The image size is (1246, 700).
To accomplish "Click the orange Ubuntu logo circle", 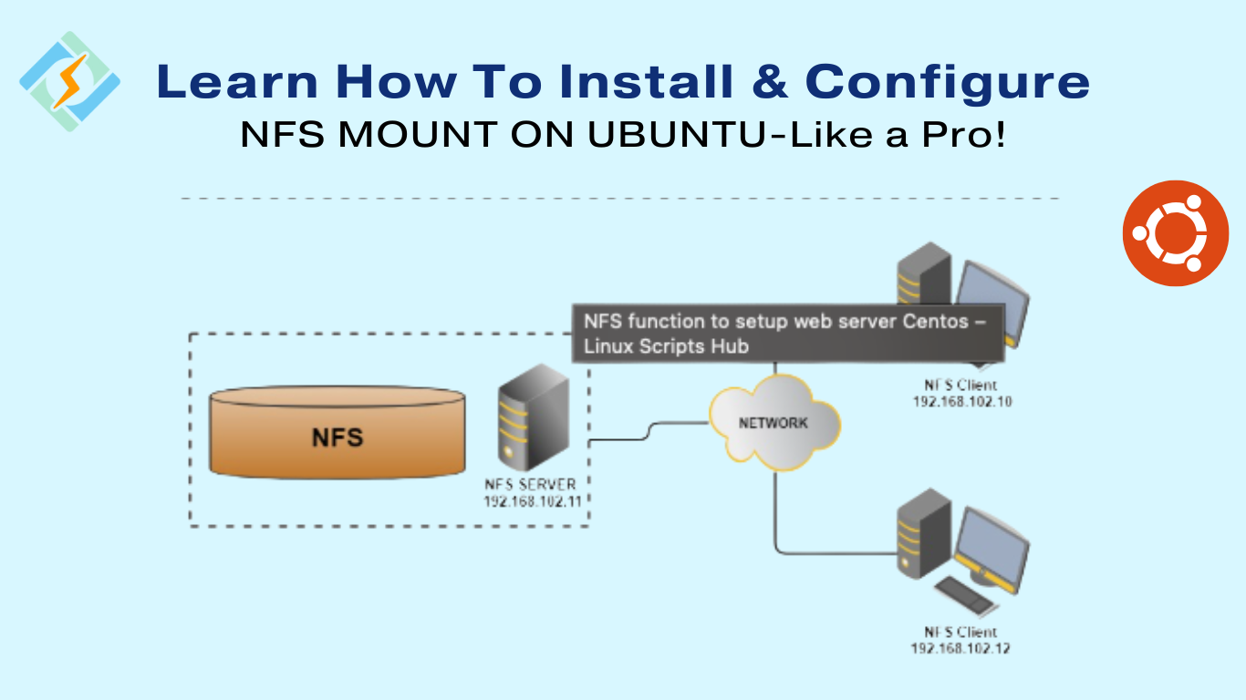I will pos(1176,233).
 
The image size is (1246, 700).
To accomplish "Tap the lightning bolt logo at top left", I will pos(69,81).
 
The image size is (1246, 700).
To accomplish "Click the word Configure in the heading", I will pos(947,82).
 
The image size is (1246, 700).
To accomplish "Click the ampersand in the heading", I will pos(769,82).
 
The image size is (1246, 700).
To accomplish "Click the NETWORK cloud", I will pos(773,424).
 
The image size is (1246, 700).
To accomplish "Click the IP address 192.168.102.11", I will pos(534,501).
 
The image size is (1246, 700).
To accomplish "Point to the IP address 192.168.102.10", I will pos(962,401).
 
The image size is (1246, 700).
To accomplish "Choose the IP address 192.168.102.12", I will pos(960,648).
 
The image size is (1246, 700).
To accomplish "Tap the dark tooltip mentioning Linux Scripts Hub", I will pos(787,334).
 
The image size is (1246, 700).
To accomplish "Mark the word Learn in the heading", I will pos(240,82).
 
